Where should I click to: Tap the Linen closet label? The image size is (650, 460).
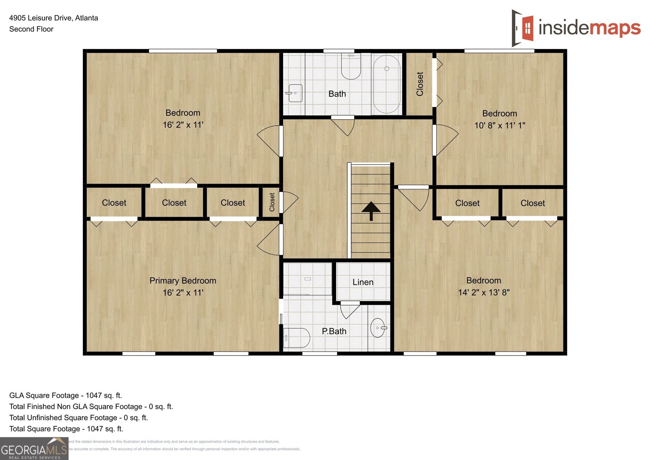tap(363, 282)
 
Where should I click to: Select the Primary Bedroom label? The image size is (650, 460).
tap(183, 280)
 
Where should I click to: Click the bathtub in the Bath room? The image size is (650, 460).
tap(387, 84)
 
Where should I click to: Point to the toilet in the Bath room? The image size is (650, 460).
tap(351, 67)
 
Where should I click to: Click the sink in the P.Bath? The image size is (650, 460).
tap(378, 328)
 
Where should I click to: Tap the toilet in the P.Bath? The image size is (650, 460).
tap(297, 338)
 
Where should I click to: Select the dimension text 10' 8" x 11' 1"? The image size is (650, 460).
tap(500, 126)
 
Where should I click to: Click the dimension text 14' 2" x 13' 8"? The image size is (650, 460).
tap(483, 292)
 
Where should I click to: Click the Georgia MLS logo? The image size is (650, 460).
tap(34, 449)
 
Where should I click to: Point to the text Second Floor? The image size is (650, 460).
tap(31, 29)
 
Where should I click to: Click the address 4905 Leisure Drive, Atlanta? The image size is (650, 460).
tap(54, 18)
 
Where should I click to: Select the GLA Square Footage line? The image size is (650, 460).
tap(65, 395)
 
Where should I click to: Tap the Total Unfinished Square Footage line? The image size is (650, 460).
tap(78, 417)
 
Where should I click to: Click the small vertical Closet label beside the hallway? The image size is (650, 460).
tap(272, 202)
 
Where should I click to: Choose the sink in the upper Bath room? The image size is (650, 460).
tap(295, 93)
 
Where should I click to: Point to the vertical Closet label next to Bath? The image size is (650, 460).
tap(420, 84)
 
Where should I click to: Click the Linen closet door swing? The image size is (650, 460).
tap(349, 310)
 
